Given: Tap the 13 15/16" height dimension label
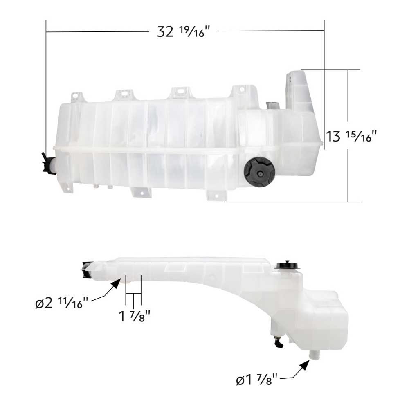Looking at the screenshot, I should (350, 136).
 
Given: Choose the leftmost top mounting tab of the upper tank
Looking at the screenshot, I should (76, 97).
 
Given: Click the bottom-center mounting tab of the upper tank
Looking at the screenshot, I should (139, 192).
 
